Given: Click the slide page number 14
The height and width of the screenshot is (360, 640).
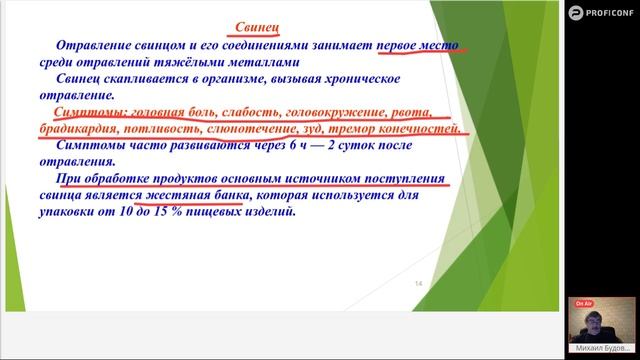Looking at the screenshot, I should click(419, 285).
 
